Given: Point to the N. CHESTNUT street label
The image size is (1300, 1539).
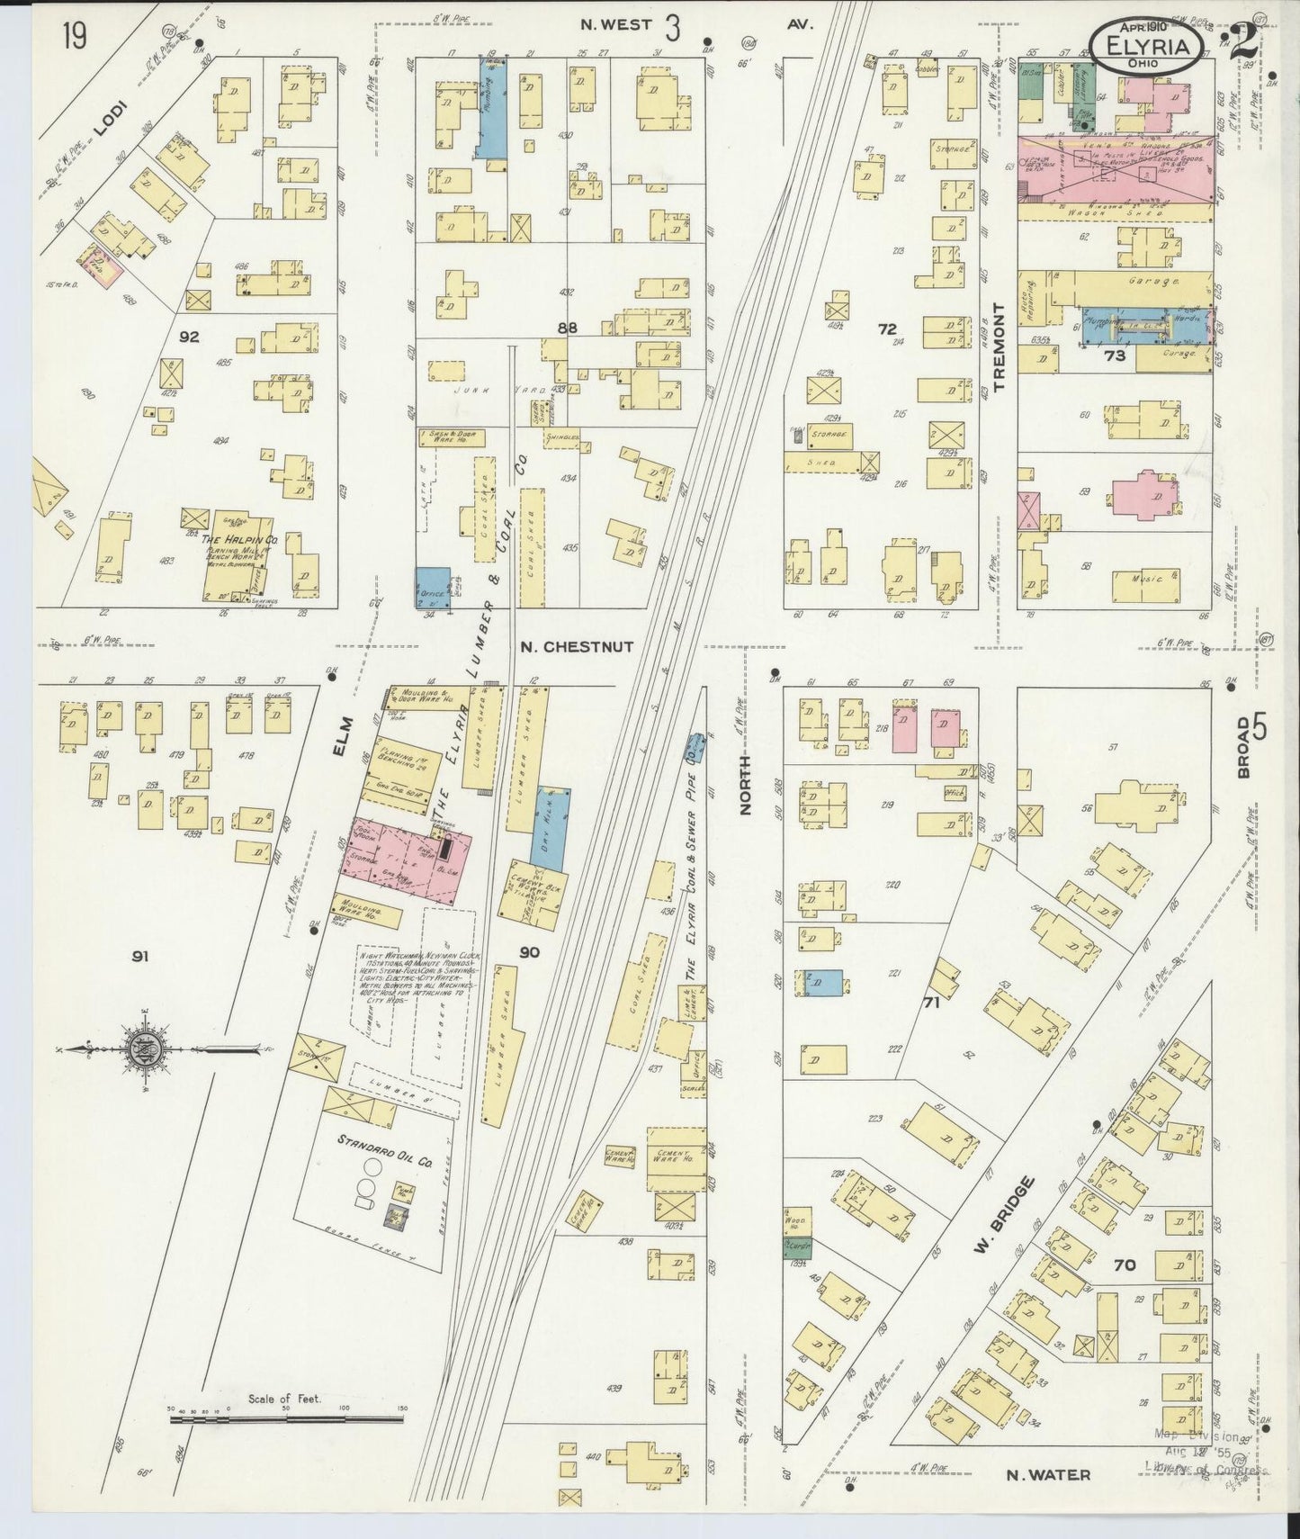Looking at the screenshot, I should [x=576, y=646].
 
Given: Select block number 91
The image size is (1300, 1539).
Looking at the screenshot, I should [x=139, y=957].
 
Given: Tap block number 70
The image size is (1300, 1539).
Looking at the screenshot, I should [x=1124, y=1264].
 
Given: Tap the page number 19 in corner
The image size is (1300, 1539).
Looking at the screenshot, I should [x=76, y=37].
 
